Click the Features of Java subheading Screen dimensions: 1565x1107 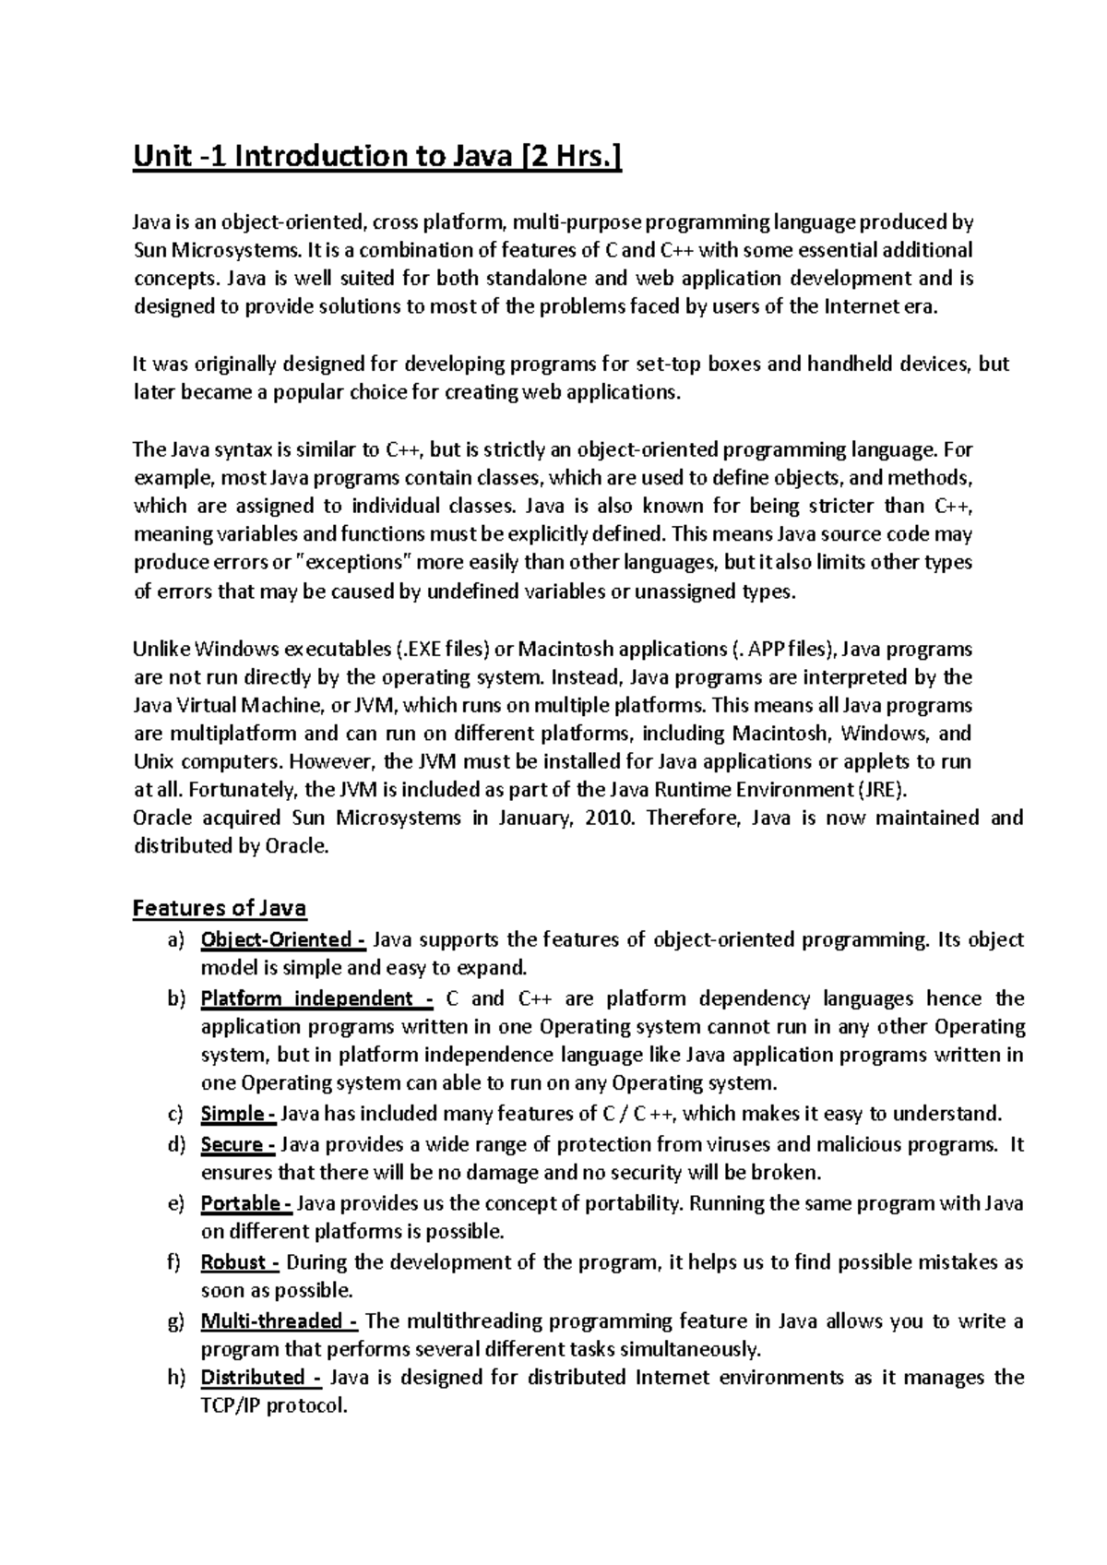coord(220,908)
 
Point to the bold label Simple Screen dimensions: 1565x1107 coord(236,1114)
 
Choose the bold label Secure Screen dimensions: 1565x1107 coord(236,1145)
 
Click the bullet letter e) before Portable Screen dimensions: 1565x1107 coord(175,1203)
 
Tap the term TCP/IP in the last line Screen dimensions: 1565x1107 coord(231,1407)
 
